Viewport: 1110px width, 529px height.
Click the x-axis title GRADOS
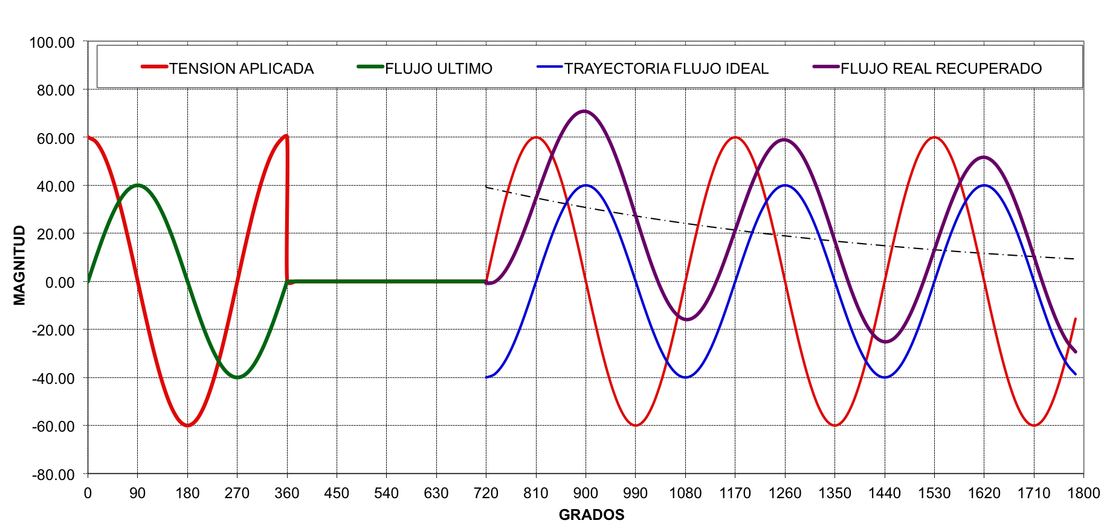[x=591, y=514]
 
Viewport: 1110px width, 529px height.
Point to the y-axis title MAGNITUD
[x=19, y=265]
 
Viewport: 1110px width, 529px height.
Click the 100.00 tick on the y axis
[x=52, y=42]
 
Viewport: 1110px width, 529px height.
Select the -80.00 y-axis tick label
[x=53, y=475]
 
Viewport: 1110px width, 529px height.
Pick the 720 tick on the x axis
[x=486, y=493]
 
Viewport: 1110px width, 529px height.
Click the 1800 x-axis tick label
[x=1083, y=493]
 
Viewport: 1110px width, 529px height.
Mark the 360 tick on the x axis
[x=286, y=493]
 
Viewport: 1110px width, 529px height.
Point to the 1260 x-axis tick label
[x=785, y=493]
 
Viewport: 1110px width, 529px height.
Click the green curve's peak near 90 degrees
[x=138, y=185]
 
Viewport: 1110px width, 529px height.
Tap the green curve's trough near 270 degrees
[x=237, y=377]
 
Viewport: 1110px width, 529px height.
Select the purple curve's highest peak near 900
[x=584, y=111]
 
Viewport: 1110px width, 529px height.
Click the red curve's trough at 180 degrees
[x=187, y=426]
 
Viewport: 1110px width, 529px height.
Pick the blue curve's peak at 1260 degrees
[x=785, y=185]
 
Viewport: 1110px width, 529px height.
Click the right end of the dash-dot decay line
[x=1074, y=259]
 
